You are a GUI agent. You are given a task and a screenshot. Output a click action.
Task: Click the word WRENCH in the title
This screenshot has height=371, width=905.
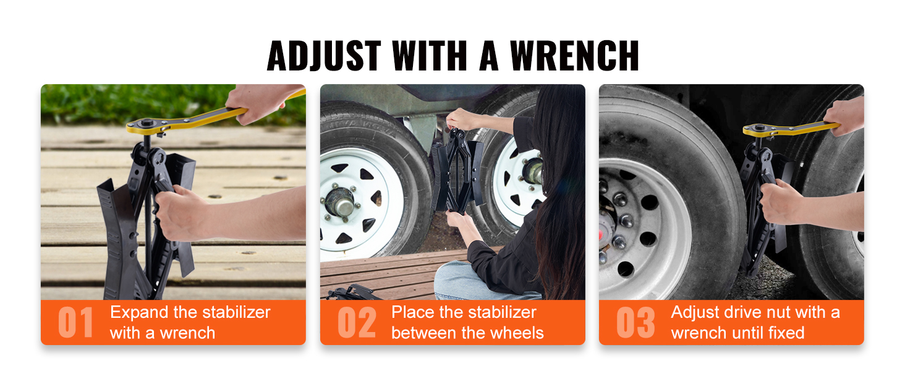pos(574,56)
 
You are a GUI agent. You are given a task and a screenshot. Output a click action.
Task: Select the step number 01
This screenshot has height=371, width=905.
pos(75,323)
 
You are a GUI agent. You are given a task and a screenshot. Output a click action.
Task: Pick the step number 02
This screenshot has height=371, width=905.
pos(357,323)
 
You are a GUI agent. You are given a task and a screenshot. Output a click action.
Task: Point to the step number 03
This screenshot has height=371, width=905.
pos(635,323)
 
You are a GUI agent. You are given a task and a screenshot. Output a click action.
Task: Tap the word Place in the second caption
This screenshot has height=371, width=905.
pos(412,312)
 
